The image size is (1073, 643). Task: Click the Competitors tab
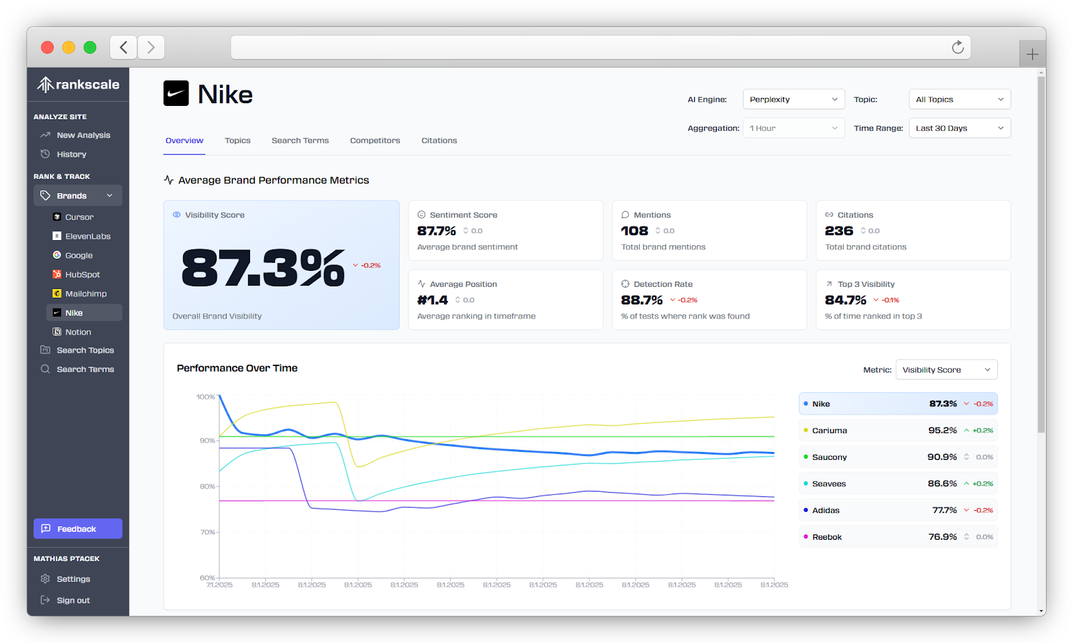[375, 141]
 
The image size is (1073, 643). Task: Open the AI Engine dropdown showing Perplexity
[793, 99]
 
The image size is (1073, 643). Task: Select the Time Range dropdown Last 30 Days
[959, 128]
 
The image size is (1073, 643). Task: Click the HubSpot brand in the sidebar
[82, 275]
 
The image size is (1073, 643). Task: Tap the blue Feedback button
[78, 529]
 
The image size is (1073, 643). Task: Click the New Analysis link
[83, 135]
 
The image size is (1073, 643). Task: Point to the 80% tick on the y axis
[207, 487]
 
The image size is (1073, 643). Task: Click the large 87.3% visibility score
[263, 268]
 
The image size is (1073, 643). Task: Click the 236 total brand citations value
[839, 231]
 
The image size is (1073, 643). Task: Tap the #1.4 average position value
[433, 300]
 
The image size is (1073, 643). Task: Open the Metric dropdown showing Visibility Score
[946, 370]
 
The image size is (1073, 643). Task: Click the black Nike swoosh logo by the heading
[176, 94]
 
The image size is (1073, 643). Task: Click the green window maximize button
[90, 48]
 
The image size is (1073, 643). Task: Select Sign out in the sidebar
[72, 601]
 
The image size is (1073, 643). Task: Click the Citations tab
[439, 141]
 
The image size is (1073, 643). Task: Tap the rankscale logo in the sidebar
[78, 84]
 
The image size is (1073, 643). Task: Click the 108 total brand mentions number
[634, 231]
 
